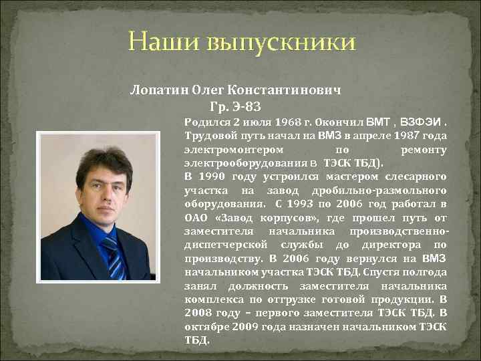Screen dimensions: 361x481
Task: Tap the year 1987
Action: pyautogui.click(x=402, y=136)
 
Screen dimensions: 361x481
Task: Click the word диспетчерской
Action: pyautogui.click(x=224, y=245)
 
